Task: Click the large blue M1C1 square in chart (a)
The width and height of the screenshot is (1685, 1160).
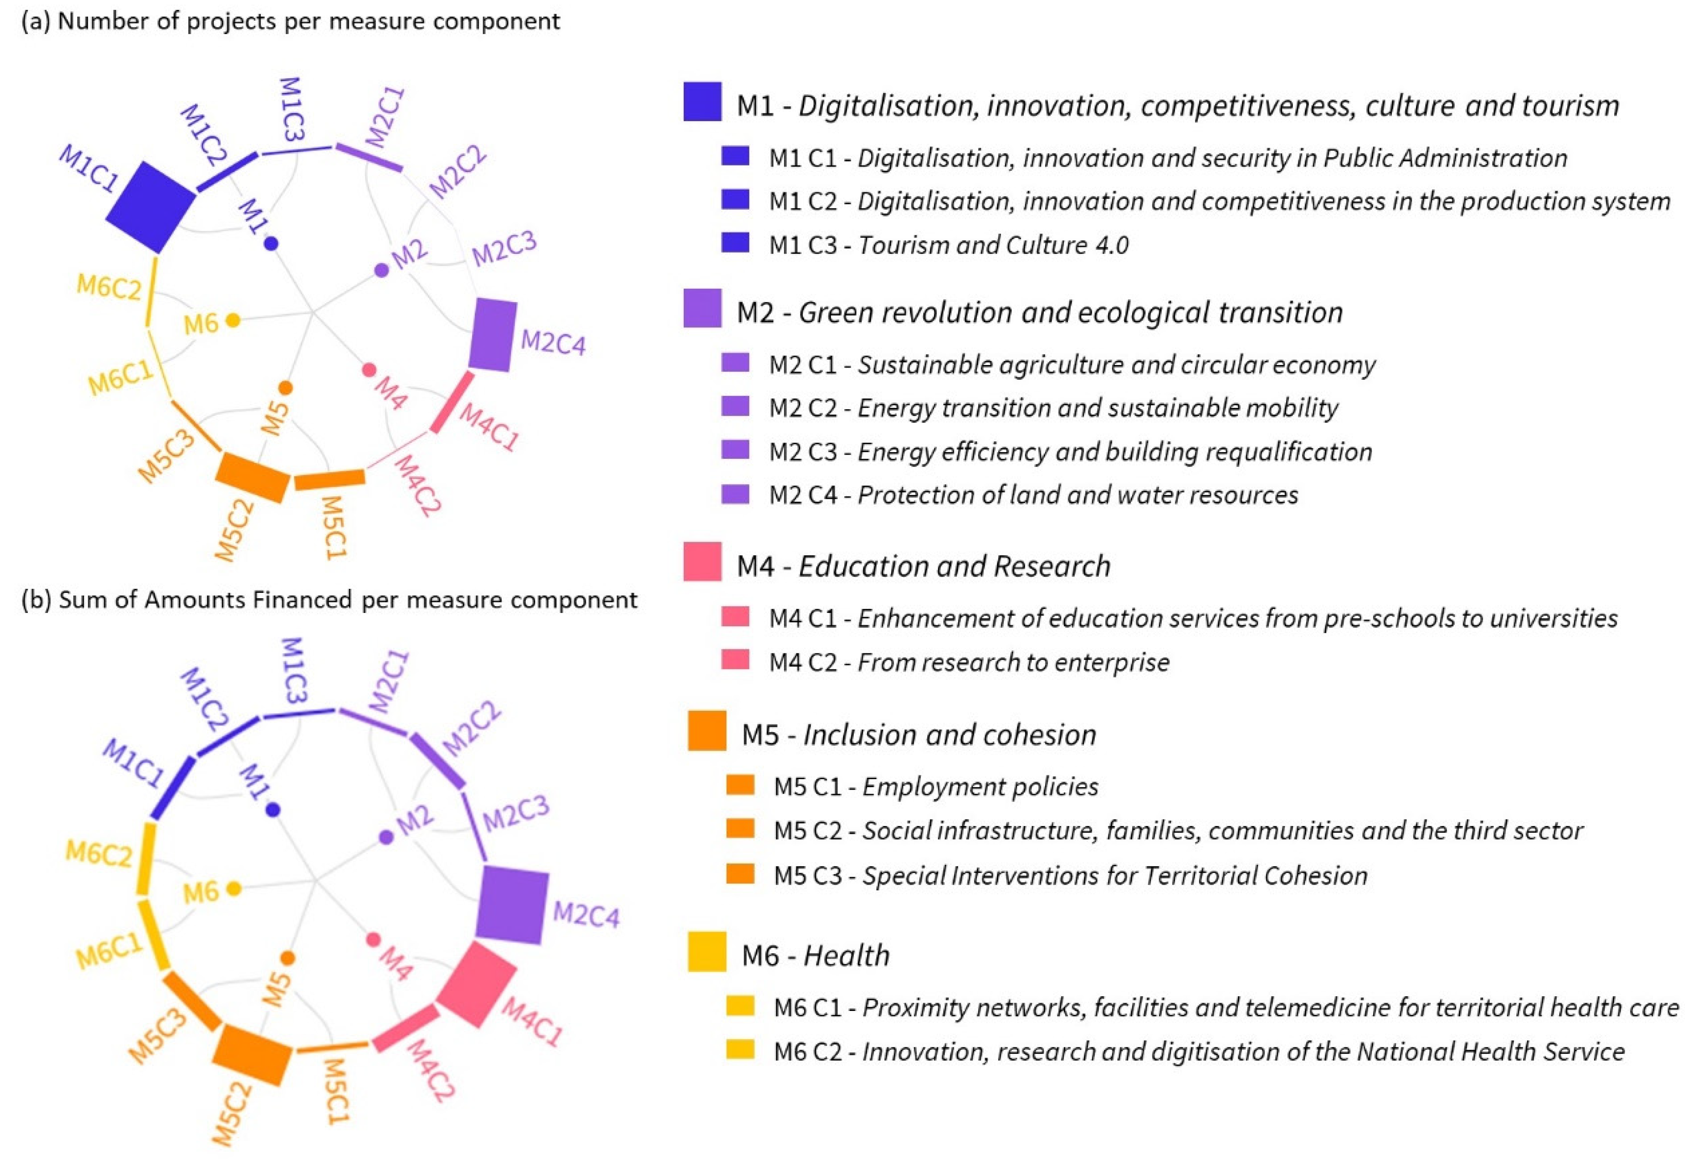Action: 151,207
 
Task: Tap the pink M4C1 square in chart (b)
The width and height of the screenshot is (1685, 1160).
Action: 477,985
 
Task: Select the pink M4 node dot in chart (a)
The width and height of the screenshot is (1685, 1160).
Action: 369,370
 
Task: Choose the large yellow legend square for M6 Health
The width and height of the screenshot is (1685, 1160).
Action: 706,951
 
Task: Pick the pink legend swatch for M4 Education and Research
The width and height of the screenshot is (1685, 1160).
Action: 702,561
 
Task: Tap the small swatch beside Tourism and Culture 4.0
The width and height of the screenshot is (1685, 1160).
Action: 735,242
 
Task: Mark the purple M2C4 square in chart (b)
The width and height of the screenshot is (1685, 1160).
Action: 511,905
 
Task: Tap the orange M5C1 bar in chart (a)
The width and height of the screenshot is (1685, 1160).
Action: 329,480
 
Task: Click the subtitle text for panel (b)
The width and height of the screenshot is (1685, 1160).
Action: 329,600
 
